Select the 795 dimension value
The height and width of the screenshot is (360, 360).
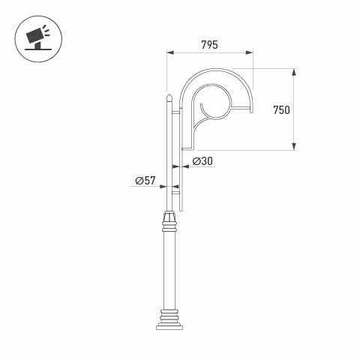209,45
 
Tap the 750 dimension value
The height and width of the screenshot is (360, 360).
282,110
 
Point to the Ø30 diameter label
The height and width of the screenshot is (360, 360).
202,161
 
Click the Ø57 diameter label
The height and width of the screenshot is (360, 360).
145,181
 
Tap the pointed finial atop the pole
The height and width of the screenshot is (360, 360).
169,97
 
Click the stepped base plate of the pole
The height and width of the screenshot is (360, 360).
169,323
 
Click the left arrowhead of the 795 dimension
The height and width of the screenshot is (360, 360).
169,53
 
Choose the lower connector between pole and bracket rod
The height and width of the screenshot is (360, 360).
176,193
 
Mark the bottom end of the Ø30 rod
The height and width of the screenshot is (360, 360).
181,209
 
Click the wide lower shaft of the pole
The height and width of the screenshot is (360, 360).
169,270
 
